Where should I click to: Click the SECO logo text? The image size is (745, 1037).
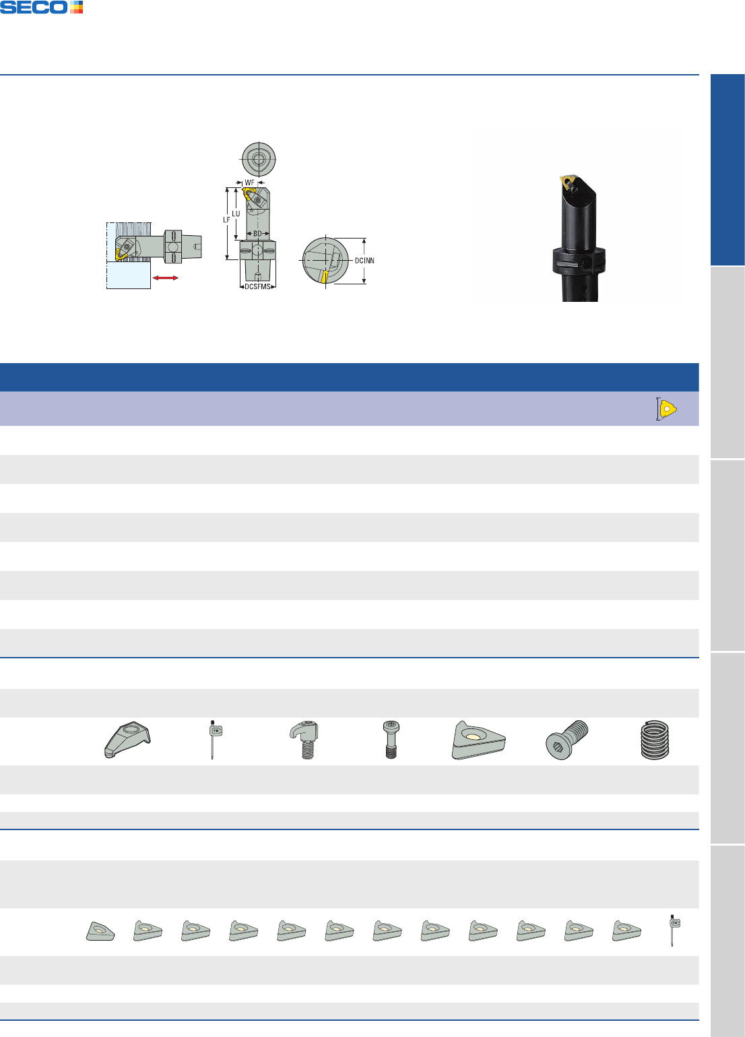coord(34,7)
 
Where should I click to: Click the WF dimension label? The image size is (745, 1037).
coord(249,183)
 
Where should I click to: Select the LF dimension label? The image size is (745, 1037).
coord(226,220)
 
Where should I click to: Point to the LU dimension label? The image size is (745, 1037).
coord(236,214)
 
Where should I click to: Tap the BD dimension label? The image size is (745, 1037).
coord(257,234)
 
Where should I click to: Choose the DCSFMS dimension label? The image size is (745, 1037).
coord(257,286)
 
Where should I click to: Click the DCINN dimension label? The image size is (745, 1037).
coord(364,261)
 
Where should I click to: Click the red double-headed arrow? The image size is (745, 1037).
coord(165,278)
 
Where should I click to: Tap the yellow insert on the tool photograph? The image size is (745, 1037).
coord(567,181)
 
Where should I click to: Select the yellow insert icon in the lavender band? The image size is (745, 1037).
coord(668,409)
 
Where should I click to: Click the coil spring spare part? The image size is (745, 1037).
coord(655,739)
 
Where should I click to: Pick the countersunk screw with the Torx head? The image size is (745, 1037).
coord(567,739)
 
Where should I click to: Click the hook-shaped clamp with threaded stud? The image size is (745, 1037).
coord(304,739)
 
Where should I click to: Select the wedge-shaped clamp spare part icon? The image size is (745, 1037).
coord(127,739)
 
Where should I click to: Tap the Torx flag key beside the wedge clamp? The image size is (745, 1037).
coord(214,739)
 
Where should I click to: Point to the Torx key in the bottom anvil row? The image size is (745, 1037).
coord(674,930)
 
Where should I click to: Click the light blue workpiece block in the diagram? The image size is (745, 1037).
coord(129,275)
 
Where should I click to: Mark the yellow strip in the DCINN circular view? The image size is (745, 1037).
coord(325,277)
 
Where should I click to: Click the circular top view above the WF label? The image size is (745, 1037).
coord(259,159)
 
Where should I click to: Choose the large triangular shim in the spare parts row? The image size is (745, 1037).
coord(478,740)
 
